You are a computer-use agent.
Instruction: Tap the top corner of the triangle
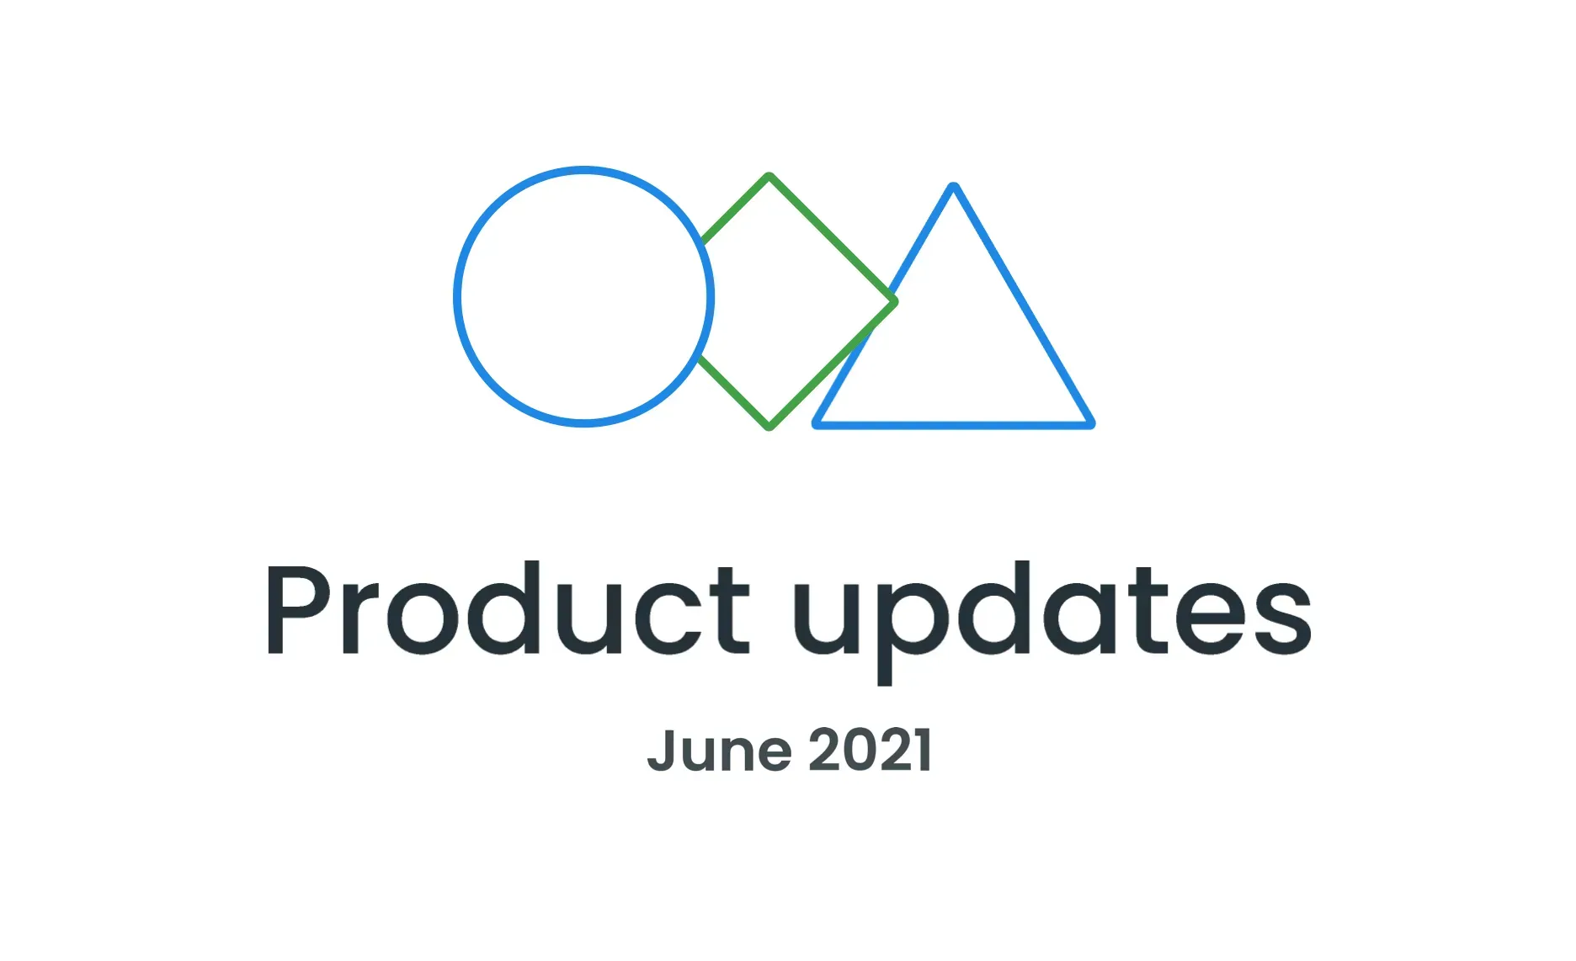(x=954, y=188)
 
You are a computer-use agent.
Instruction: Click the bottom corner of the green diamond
(x=769, y=426)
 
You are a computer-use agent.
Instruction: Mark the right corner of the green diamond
(x=893, y=301)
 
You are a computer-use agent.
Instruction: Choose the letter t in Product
(x=730, y=609)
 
